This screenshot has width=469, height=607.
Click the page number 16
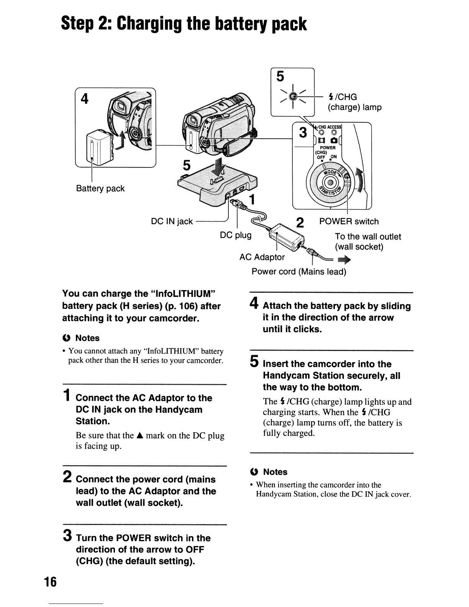(x=50, y=582)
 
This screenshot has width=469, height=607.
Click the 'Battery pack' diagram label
(x=100, y=189)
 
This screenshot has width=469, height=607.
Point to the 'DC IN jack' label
(x=172, y=221)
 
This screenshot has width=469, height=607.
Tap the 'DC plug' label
(x=236, y=235)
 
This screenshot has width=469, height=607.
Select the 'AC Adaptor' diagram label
(x=262, y=257)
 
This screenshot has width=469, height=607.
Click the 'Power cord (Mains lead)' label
(x=299, y=272)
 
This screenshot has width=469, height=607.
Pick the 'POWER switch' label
(x=349, y=221)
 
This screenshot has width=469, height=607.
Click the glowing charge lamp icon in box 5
(x=292, y=97)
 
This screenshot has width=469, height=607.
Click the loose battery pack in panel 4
(x=99, y=146)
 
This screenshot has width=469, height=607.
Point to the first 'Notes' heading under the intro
(x=87, y=338)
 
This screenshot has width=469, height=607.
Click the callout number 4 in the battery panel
(x=85, y=99)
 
